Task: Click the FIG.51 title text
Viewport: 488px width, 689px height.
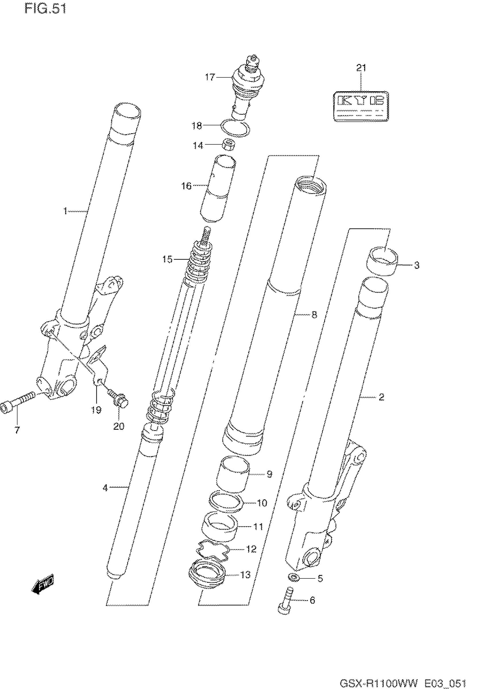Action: (x=45, y=9)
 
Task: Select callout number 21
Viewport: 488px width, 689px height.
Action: (x=361, y=68)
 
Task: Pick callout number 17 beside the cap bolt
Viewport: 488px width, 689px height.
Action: (x=210, y=77)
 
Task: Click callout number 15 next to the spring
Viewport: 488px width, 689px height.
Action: (x=167, y=259)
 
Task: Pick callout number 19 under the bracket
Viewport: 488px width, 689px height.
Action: (x=96, y=410)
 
